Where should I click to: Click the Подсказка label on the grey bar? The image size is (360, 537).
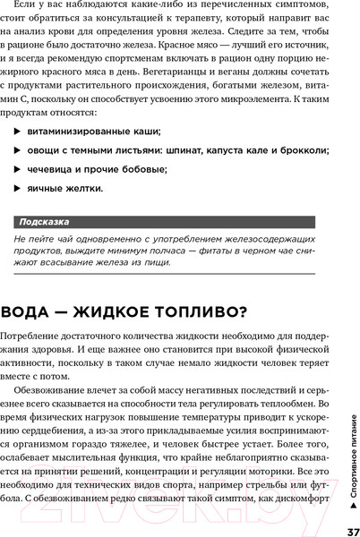point(44,221)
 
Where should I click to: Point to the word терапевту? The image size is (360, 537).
point(216,21)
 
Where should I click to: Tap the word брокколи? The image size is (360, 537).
point(300,150)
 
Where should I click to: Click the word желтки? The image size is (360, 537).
point(84,189)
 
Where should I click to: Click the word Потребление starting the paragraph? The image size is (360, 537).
point(39,335)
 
